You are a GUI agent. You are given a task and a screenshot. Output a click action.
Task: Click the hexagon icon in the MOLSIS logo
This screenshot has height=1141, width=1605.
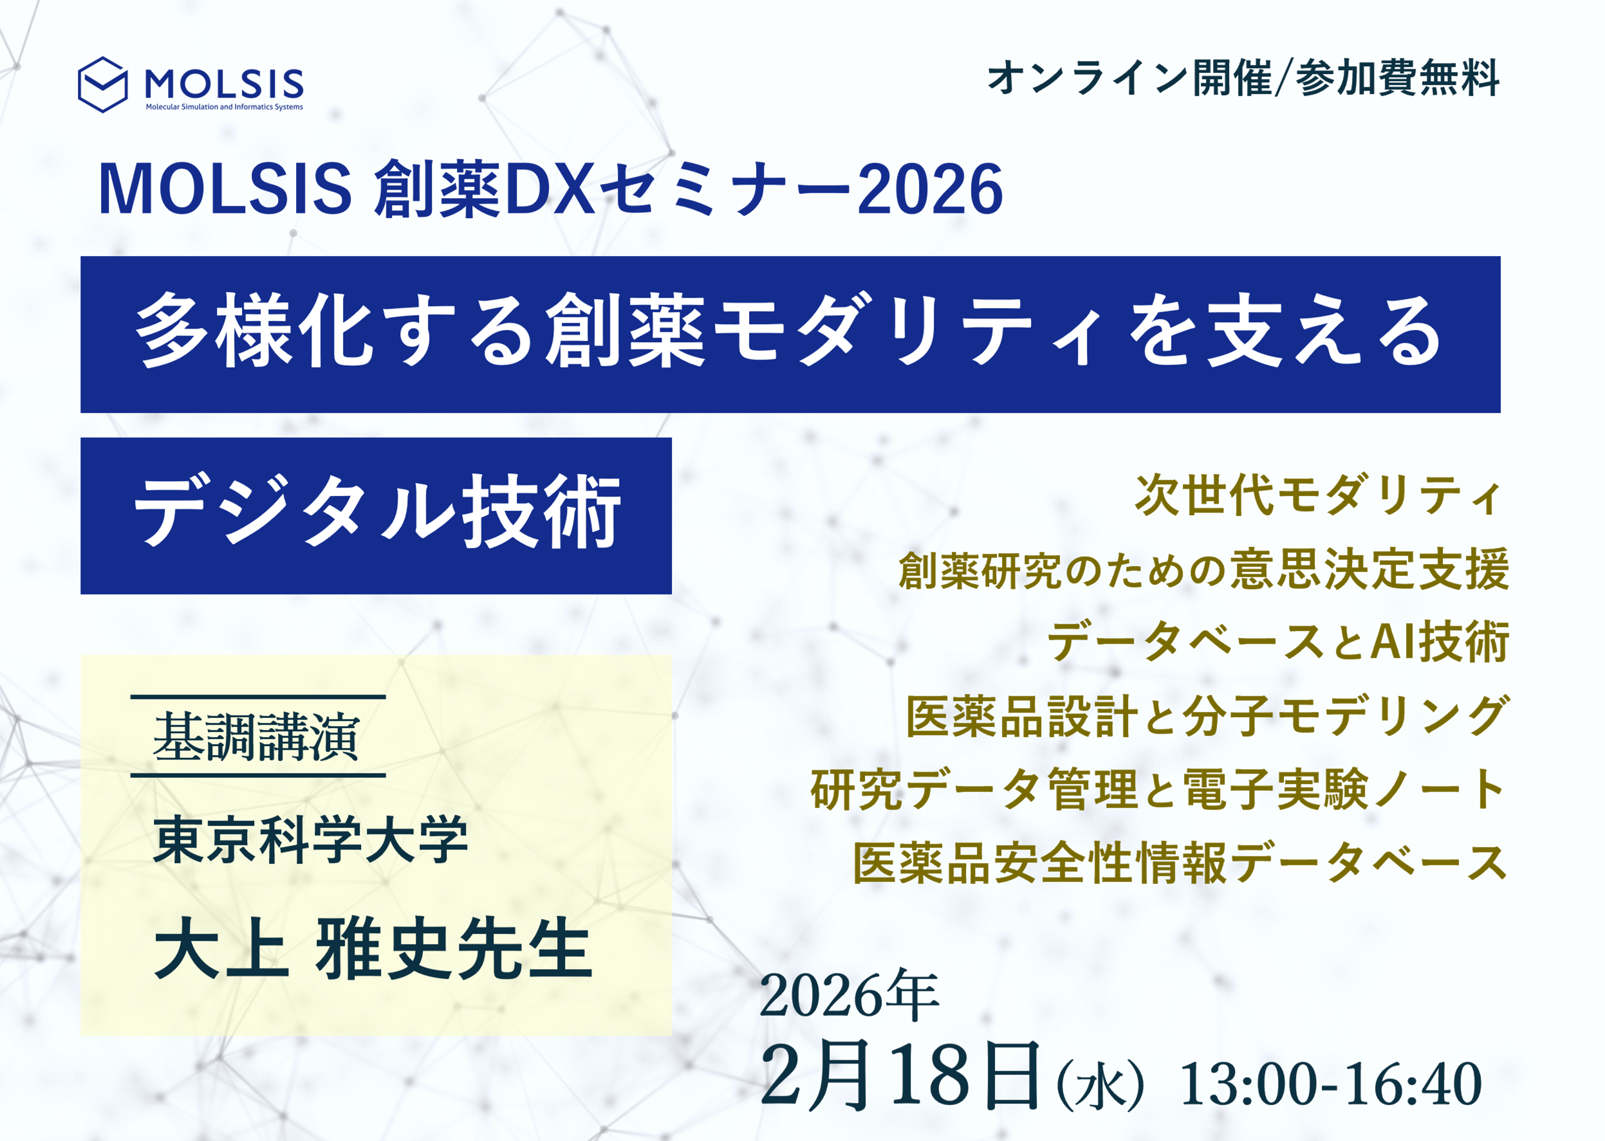pos(102,85)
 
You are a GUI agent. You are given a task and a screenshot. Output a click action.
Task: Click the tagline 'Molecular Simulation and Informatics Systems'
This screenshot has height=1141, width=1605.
pos(224,107)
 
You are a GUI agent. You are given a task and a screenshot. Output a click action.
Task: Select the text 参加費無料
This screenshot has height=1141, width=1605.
pos(1398,77)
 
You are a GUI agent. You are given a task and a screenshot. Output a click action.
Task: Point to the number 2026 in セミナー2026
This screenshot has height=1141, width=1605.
pos(930,188)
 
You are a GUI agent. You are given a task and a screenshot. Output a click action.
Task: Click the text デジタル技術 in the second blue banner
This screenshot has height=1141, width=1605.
pos(378,511)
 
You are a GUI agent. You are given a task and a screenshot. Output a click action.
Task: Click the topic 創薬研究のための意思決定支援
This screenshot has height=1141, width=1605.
pos(1203,569)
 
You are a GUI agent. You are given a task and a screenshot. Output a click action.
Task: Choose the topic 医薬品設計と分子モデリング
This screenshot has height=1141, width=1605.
pos(1207,716)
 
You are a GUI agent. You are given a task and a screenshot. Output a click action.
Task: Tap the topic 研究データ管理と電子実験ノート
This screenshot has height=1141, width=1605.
pos(1157,790)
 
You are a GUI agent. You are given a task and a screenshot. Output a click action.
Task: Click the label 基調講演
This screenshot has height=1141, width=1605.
pos(256,737)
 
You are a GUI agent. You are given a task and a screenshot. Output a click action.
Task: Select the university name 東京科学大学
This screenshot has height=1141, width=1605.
pos(310,839)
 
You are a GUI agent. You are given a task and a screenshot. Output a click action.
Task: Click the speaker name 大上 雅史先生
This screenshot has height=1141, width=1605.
pos(373,949)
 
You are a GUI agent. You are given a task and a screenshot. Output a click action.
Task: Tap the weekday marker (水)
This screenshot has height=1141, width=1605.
pos(1101,1086)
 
